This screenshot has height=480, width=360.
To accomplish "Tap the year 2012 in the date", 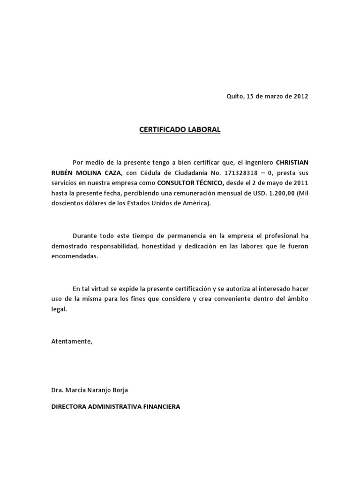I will [300, 97].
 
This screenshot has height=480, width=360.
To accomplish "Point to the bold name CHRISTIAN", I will [292, 162].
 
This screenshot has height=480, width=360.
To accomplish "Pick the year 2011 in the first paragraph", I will [300, 183].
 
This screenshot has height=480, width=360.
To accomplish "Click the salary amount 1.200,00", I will [282, 193].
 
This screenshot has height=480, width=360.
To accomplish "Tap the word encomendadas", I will [75, 256].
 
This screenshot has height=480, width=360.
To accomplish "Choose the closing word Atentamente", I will [72, 341].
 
